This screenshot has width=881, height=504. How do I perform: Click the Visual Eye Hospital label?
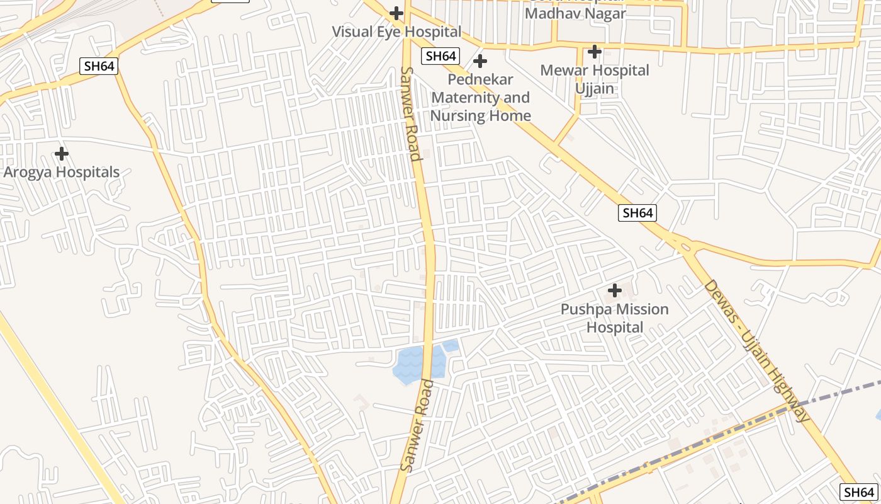coord(396,31)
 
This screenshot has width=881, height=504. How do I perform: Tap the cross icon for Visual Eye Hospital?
coord(396,13)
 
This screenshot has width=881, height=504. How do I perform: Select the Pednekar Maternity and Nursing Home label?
coord(481,98)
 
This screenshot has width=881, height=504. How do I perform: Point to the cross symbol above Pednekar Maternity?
coord(480,61)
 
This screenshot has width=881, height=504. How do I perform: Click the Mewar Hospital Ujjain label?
coord(595,79)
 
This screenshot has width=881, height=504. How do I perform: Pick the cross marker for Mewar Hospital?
coord(595,52)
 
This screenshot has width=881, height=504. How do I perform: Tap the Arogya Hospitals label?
coord(62,172)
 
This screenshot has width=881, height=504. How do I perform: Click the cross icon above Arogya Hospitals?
coord(62,154)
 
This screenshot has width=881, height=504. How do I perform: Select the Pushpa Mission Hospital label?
coord(615,318)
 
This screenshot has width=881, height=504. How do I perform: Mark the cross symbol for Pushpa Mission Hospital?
coord(615,290)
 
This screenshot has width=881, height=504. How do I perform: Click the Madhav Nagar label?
coord(575,13)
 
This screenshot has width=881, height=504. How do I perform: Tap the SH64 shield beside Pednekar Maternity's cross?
coord(441,55)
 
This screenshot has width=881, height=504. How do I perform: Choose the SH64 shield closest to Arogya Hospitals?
coord(99,66)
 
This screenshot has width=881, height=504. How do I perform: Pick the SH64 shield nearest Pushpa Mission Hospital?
coord(637,213)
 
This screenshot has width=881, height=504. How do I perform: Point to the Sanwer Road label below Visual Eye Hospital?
coord(410,113)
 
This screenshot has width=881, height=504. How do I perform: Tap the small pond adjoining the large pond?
coord(451,345)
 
